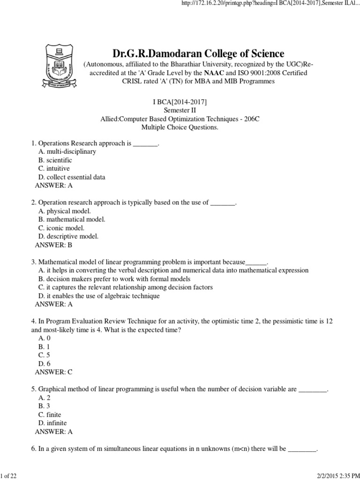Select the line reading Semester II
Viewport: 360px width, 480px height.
pyautogui.click(x=180, y=110)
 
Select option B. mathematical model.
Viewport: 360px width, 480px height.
pyautogui.click(x=72, y=219)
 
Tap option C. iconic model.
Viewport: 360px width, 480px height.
pyautogui.click(x=61, y=228)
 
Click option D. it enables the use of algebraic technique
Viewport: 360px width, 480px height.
pyautogui.click(x=99, y=296)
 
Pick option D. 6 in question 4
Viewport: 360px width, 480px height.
pyautogui.click(x=45, y=364)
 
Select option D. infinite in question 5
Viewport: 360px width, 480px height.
pyautogui.click(x=52, y=423)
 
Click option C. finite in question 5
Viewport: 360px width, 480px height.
pyautogui.click(x=50, y=415)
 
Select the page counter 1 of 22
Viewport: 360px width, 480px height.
pyautogui.click(x=9, y=476)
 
